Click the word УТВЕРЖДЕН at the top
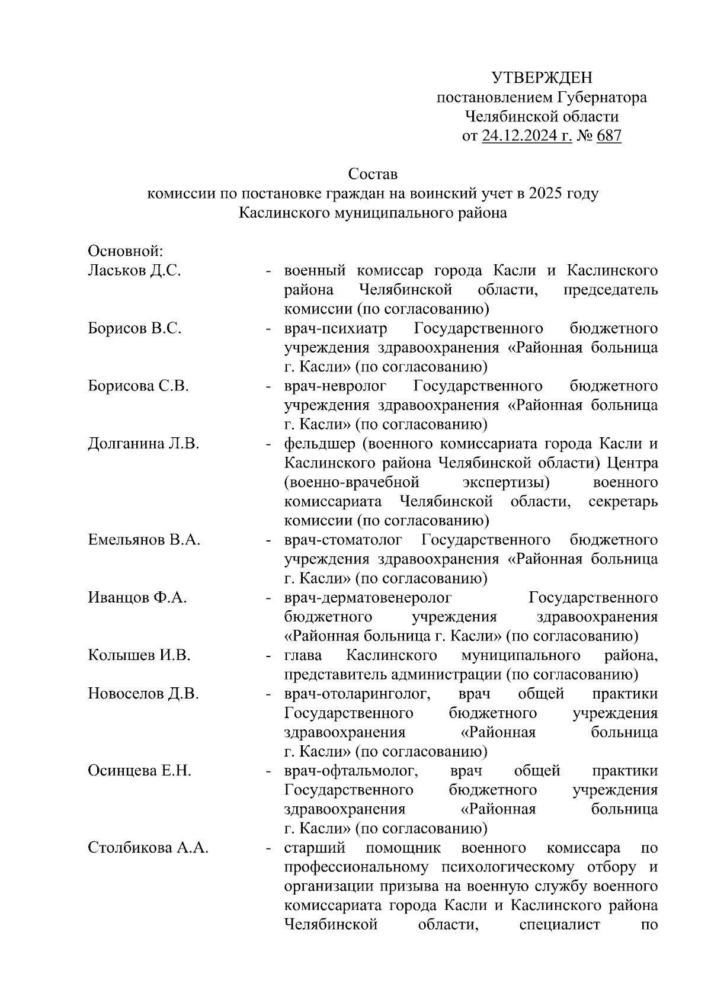[542, 78]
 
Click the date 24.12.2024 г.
[527, 136]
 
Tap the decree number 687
[608, 136]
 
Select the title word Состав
[373, 174]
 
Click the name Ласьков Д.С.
[134, 271]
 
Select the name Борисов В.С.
[134, 328]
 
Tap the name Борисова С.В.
[138, 386]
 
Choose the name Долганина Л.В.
[143, 444]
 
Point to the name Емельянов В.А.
[144, 540]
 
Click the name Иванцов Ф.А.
[137, 597]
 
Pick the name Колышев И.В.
[139, 655]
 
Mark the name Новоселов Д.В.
[143, 694]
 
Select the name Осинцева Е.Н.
[139, 771]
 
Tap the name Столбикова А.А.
[148, 848]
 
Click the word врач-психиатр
[335, 328]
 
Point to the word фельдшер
[319, 444]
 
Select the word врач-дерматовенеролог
[367, 597]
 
